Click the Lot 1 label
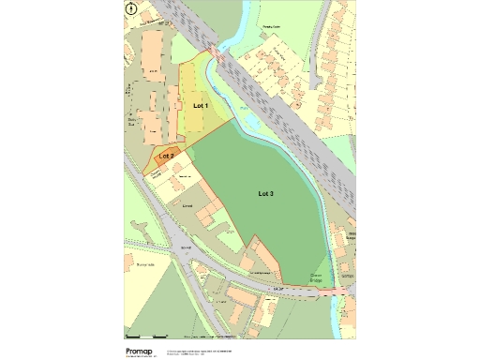[x=201, y=106]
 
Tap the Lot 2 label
[x=167, y=154]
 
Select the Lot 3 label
[x=266, y=193]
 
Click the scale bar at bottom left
[x=146, y=334]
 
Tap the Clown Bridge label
[x=318, y=277]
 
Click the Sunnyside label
[x=143, y=265]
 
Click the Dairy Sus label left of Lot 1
[x=132, y=119]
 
